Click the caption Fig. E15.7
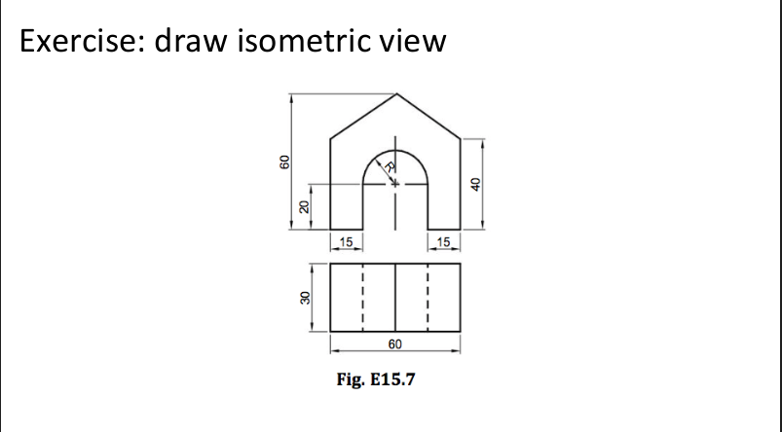point(374,379)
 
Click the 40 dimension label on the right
point(476,184)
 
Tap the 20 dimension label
point(303,206)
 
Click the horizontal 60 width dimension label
point(394,344)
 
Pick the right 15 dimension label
point(444,241)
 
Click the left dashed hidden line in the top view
point(362,297)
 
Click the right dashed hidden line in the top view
point(428,297)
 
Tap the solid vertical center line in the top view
point(395,297)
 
